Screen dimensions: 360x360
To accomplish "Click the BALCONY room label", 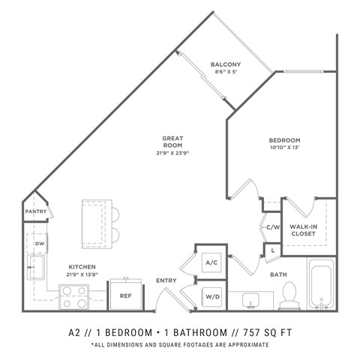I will pyautogui.click(x=226, y=64).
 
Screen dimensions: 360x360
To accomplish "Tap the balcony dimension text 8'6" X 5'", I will pyautogui.click(x=226, y=73).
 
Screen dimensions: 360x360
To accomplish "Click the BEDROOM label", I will pyautogui.click(x=285, y=140).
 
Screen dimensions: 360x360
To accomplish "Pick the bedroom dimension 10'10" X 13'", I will pyautogui.click(x=285, y=149).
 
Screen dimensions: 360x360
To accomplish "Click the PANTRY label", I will pyautogui.click(x=35, y=211).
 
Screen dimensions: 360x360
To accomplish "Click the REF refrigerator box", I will pyautogui.click(x=126, y=295).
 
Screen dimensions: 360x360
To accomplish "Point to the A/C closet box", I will pyautogui.click(x=211, y=262).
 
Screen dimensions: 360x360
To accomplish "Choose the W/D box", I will pyautogui.click(x=211, y=297).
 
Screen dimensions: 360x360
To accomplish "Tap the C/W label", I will pyautogui.click(x=271, y=226).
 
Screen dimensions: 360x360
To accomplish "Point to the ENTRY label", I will pyautogui.click(x=166, y=280).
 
